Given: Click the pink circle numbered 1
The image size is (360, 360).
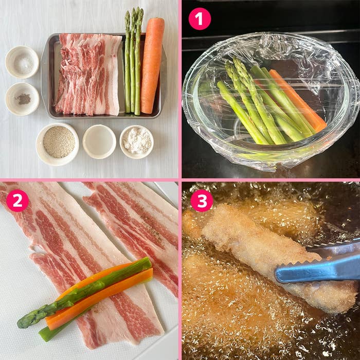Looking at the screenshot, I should pos(200,19).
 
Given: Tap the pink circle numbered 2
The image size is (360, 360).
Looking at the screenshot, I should pos(17,201).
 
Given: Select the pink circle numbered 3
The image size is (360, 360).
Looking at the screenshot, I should pos(202,201).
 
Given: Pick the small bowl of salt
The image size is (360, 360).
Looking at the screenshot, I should pos(22,62).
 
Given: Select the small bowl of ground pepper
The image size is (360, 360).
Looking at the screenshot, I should pos(22,99).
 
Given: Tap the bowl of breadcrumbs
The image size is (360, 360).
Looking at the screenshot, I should pos(58,142).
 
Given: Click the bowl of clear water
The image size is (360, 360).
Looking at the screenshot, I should pos(99,141).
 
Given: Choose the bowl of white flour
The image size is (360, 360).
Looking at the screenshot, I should pos(137,141).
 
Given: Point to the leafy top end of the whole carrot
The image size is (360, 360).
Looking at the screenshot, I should pos(155,21).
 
